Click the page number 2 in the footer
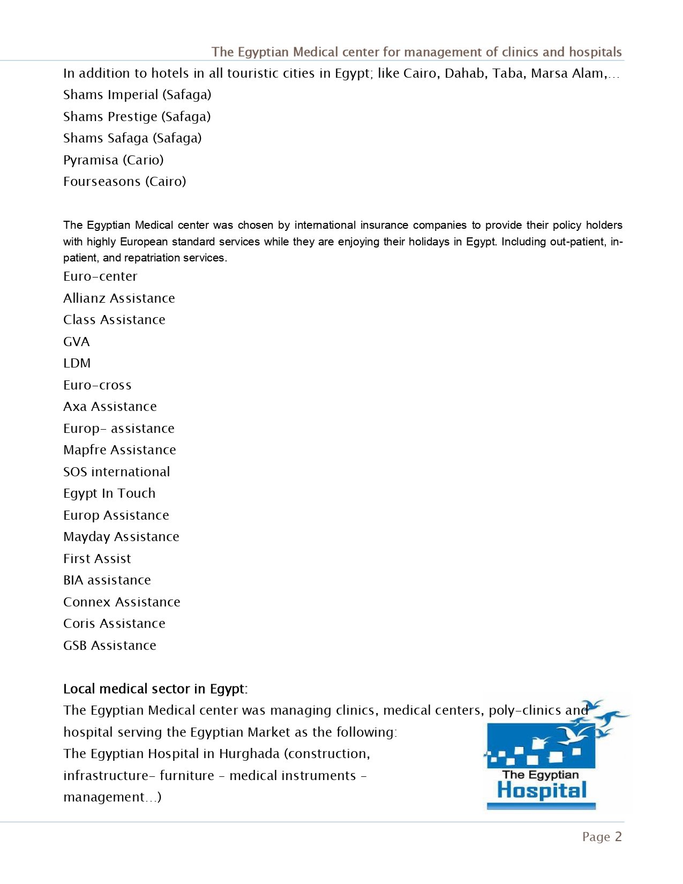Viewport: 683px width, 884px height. click(x=618, y=837)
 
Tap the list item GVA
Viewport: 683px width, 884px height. click(x=77, y=342)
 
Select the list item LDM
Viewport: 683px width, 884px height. click(x=77, y=363)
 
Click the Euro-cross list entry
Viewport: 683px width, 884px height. click(x=97, y=385)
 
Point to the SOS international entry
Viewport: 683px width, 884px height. click(x=116, y=472)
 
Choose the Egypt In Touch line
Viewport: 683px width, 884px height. click(x=109, y=493)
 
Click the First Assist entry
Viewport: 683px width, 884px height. click(x=97, y=559)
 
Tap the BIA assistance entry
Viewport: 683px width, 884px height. click(x=107, y=580)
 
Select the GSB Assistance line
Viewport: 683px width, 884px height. click(x=109, y=646)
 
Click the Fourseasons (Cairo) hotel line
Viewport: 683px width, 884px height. click(x=124, y=182)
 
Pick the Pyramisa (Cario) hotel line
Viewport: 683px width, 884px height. click(x=113, y=160)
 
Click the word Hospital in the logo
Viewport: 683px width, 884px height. click(x=542, y=791)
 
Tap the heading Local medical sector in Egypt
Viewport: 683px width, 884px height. click(x=155, y=689)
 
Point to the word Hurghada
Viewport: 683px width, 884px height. click(x=249, y=754)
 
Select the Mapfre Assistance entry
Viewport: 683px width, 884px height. click(x=119, y=450)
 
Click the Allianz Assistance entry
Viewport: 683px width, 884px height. click(x=119, y=298)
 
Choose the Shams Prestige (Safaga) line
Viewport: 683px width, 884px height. click(x=137, y=117)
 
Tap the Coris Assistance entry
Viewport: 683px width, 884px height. click(x=114, y=624)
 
